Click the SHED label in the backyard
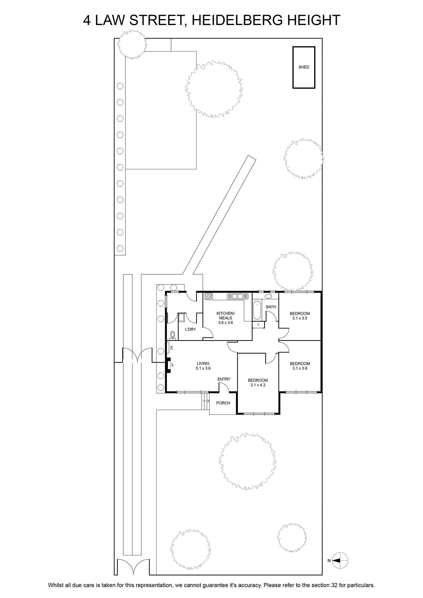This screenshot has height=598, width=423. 304,67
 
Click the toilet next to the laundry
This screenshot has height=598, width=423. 173,335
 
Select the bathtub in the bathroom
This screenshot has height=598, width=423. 257,310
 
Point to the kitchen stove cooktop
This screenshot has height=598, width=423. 208,296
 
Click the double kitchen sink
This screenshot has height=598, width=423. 238,296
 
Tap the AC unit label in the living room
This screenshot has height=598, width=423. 172,348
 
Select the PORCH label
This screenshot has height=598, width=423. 223,403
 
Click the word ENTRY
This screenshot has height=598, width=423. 224,379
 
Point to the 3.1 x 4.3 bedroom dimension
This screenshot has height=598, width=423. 258,385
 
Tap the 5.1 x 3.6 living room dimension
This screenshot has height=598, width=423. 203,368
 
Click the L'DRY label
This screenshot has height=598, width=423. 191,329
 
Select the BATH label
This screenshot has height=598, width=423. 271,307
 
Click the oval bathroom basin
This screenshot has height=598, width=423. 268,296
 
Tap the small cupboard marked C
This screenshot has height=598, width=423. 258,324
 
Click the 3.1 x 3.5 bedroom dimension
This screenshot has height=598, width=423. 300,318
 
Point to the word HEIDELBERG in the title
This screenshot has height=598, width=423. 236,20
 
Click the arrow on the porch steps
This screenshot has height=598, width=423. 206,400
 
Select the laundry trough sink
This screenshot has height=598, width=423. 182,318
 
